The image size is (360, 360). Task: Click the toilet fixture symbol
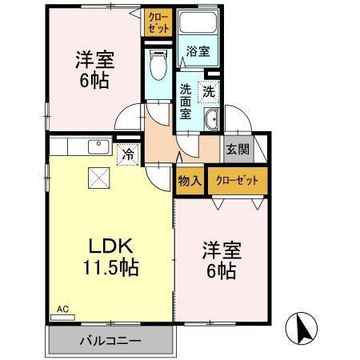tap(158, 64)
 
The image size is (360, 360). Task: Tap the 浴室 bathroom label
tap(198, 52)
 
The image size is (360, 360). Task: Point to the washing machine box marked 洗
tap(209, 90)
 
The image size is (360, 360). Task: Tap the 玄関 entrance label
tap(237, 149)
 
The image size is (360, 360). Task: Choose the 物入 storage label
tap(190, 181)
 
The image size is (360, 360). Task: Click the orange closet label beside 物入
tap(238, 181)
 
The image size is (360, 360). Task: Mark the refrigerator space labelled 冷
tap(127, 154)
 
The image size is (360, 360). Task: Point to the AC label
tap(62, 308)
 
